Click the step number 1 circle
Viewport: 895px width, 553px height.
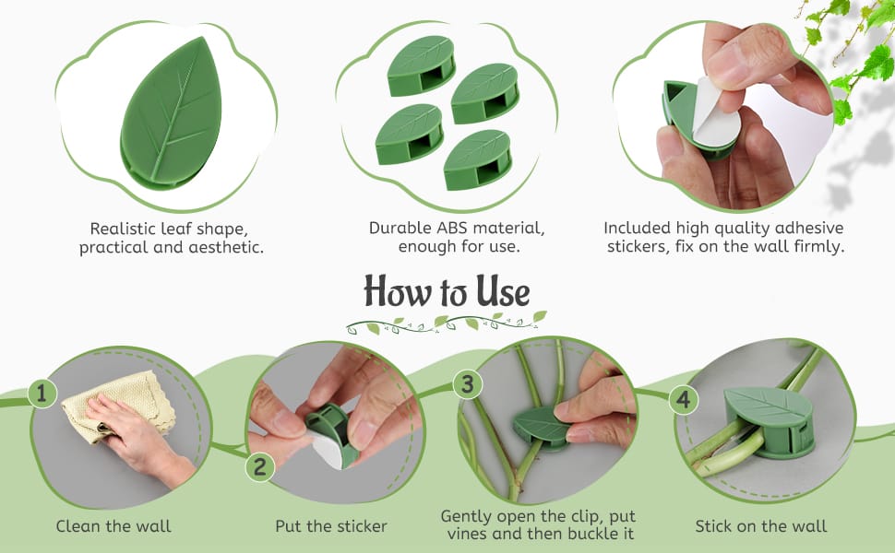(x=42, y=394)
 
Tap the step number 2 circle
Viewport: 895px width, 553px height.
(x=260, y=467)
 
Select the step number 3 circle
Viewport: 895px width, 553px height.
(x=468, y=383)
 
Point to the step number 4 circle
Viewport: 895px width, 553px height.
(x=683, y=400)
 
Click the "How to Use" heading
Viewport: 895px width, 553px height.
(x=447, y=291)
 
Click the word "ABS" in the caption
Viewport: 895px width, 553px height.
(x=454, y=228)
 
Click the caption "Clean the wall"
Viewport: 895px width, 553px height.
(x=113, y=526)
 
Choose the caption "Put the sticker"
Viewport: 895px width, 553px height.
(x=331, y=526)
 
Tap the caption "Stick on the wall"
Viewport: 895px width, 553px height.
(x=761, y=526)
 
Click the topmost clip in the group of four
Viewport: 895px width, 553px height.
(x=422, y=65)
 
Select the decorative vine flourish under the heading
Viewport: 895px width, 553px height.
(x=447, y=324)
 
